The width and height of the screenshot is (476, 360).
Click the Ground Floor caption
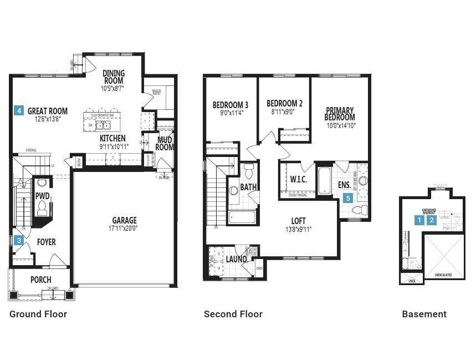pyautogui.click(x=38, y=314)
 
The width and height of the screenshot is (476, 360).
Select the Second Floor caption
pyautogui.click(x=233, y=314)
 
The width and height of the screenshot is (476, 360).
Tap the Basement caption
pyautogui.click(x=424, y=314)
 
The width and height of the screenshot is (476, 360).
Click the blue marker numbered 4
pyautogui.click(x=19, y=110)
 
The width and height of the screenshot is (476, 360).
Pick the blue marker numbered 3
pyautogui.click(x=19, y=240)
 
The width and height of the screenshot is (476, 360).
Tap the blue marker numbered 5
pyautogui.click(x=348, y=197)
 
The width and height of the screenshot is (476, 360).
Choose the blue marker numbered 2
pyautogui.click(x=432, y=220)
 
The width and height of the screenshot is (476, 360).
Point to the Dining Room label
pyautogui.click(x=113, y=77)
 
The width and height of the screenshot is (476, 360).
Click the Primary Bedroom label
pyautogui.click(x=340, y=114)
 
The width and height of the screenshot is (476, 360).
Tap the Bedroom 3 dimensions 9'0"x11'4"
pyautogui.click(x=230, y=113)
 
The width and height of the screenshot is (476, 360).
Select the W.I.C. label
pyautogui.click(x=298, y=179)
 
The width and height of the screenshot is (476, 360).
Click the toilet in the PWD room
pyautogui.click(x=42, y=208)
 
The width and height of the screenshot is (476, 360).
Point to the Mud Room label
pyautogui.click(x=165, y=143)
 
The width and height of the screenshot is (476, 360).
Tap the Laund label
pyautogui.click(x=237, y=259)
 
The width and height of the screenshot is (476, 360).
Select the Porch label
pyautogui.click(x=40, y=280)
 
